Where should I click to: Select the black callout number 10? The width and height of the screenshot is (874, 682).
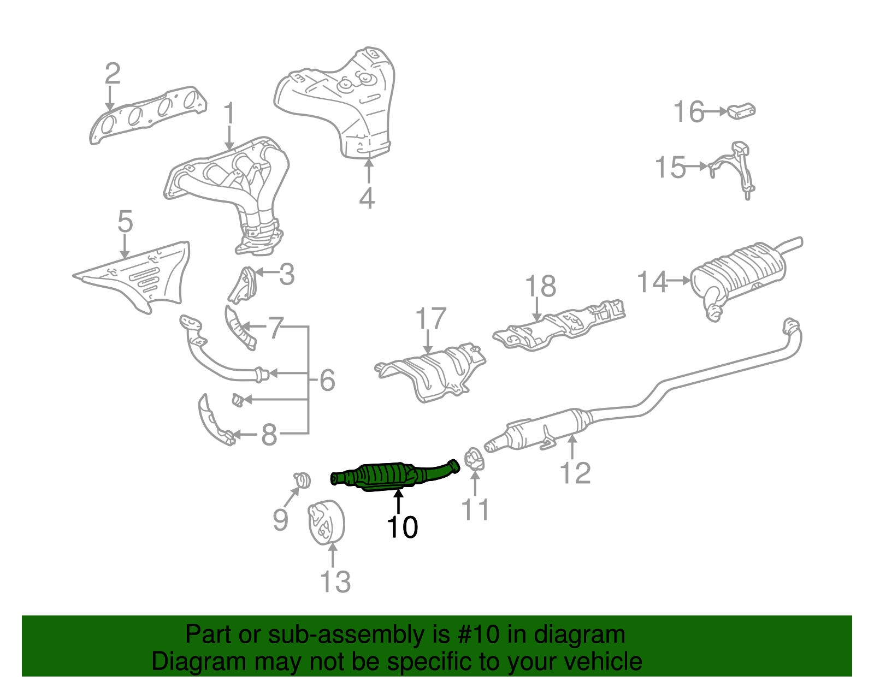402,527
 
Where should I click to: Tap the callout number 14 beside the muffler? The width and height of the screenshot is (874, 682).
652,282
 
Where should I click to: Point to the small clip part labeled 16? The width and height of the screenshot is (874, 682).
741,111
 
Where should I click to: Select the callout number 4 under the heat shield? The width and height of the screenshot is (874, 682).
367,198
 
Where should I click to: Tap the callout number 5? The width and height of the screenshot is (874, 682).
125,222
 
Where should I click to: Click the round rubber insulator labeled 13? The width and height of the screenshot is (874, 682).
326,523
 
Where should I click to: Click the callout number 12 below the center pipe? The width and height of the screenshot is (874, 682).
575,473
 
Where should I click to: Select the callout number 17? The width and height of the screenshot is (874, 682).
431,319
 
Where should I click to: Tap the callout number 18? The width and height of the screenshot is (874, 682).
540,286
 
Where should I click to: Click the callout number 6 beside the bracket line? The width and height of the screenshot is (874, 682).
327,381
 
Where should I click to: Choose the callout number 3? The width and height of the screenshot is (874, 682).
287,274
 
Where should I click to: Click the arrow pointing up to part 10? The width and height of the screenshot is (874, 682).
398,501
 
